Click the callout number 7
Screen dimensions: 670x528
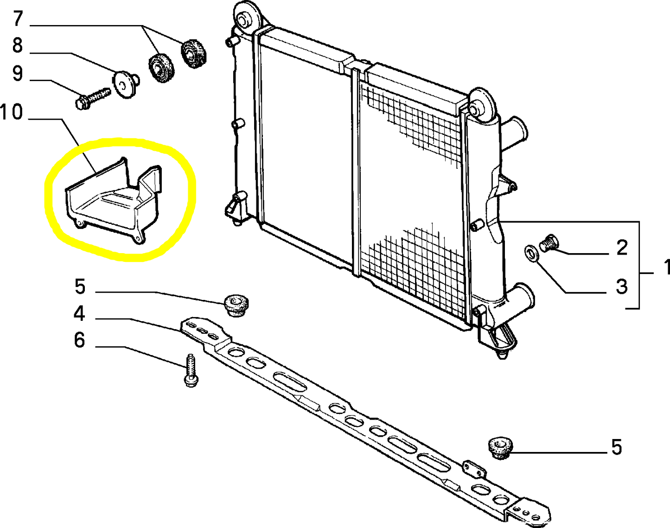(18, 19)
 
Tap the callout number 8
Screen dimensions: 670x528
(18, 46)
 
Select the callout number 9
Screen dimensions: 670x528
(18, 73)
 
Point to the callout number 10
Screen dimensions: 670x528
(12, 112)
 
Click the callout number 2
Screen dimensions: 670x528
(622, 248)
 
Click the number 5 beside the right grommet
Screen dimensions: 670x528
(617, 447)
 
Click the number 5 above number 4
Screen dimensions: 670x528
(80, 287)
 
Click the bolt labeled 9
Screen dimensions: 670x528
(92, 97)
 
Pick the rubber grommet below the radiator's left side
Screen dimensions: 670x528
(236, 305)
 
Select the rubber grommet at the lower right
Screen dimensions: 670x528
(500, 448)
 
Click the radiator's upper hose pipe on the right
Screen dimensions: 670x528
(514, 132)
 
